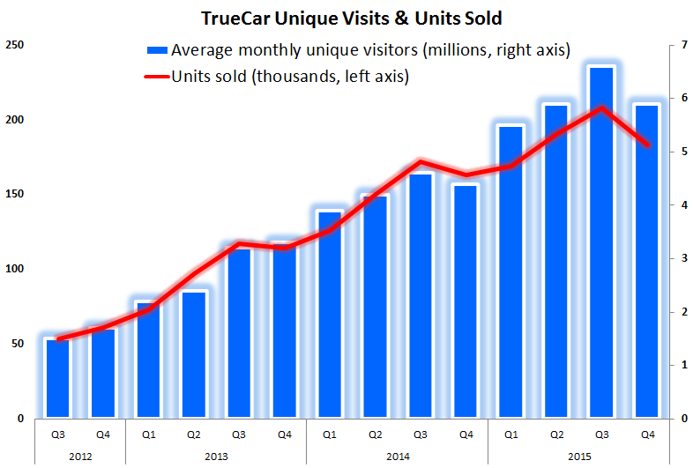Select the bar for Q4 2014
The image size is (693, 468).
tap(466, 301)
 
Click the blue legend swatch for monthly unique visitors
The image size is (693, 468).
tap(157, 50)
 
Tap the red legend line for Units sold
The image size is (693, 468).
tap(157, 77)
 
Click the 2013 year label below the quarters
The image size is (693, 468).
tap(215, 457)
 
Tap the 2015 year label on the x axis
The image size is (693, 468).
tap(577, 457)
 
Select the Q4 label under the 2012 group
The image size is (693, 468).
tap(102, 434)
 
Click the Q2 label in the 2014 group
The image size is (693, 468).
tap(374, 434)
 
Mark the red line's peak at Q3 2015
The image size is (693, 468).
tap(601, 108)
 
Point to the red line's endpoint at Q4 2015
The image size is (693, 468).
tap(646, 145)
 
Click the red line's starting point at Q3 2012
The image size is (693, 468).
tap(57, 338)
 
